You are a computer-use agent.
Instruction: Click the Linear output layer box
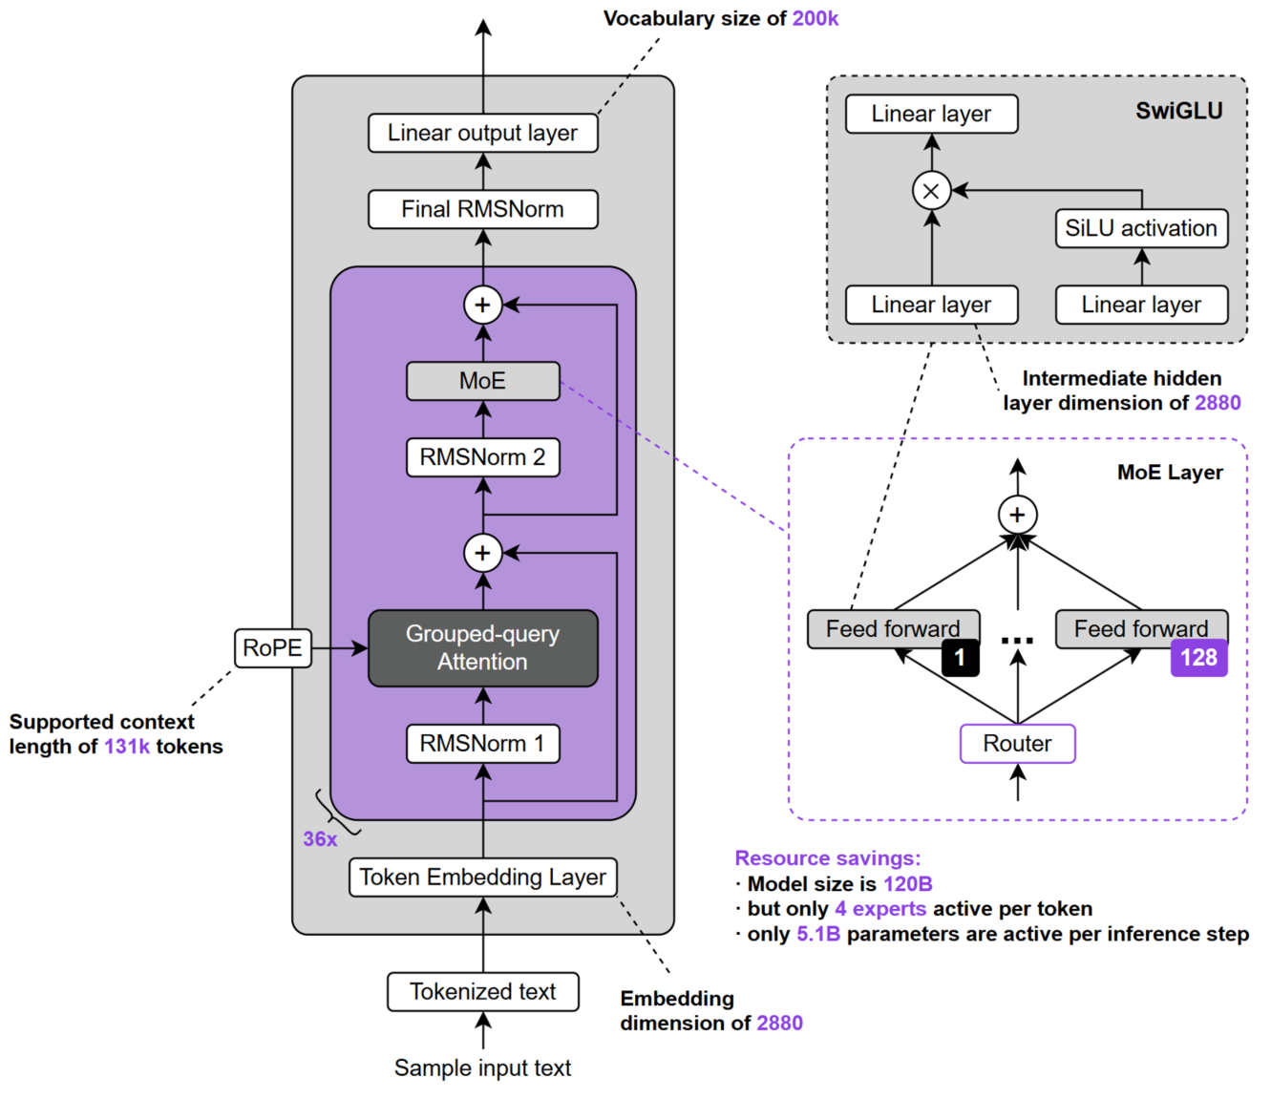[x=482, y=133]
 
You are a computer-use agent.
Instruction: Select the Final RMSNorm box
[x=482, y=209]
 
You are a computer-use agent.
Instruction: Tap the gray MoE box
[x=482, y=381]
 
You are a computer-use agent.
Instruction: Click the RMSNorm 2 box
[x=482, y=457]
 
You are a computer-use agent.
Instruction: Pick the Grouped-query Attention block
[x=482, y=647]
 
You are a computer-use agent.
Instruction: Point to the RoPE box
[x=272, y=648]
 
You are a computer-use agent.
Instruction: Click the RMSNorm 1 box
[x=482, y=744]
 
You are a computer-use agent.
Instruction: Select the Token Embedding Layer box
[x=482, y=877]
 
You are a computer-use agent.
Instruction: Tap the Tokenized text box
[x=482, y=991]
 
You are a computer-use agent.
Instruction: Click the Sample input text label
[x=482, y=1067]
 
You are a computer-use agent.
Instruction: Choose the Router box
[x=1017, y=744]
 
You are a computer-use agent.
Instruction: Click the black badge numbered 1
[x=960, y=658]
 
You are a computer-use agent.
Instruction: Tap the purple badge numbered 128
[x=1198, y=658]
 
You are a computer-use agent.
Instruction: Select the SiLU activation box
[x=1141, y=228]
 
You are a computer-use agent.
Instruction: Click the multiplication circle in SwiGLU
[x=931, y=190]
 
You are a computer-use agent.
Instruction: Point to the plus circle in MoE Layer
[x=1017, y=515]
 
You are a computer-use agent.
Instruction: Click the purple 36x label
[x=320, y=839]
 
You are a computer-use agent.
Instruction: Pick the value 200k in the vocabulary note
[x=815, y=18]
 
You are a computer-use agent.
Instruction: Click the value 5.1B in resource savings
[x=818, y=934]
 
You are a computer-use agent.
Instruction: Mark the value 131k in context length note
[x=127, y=747]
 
